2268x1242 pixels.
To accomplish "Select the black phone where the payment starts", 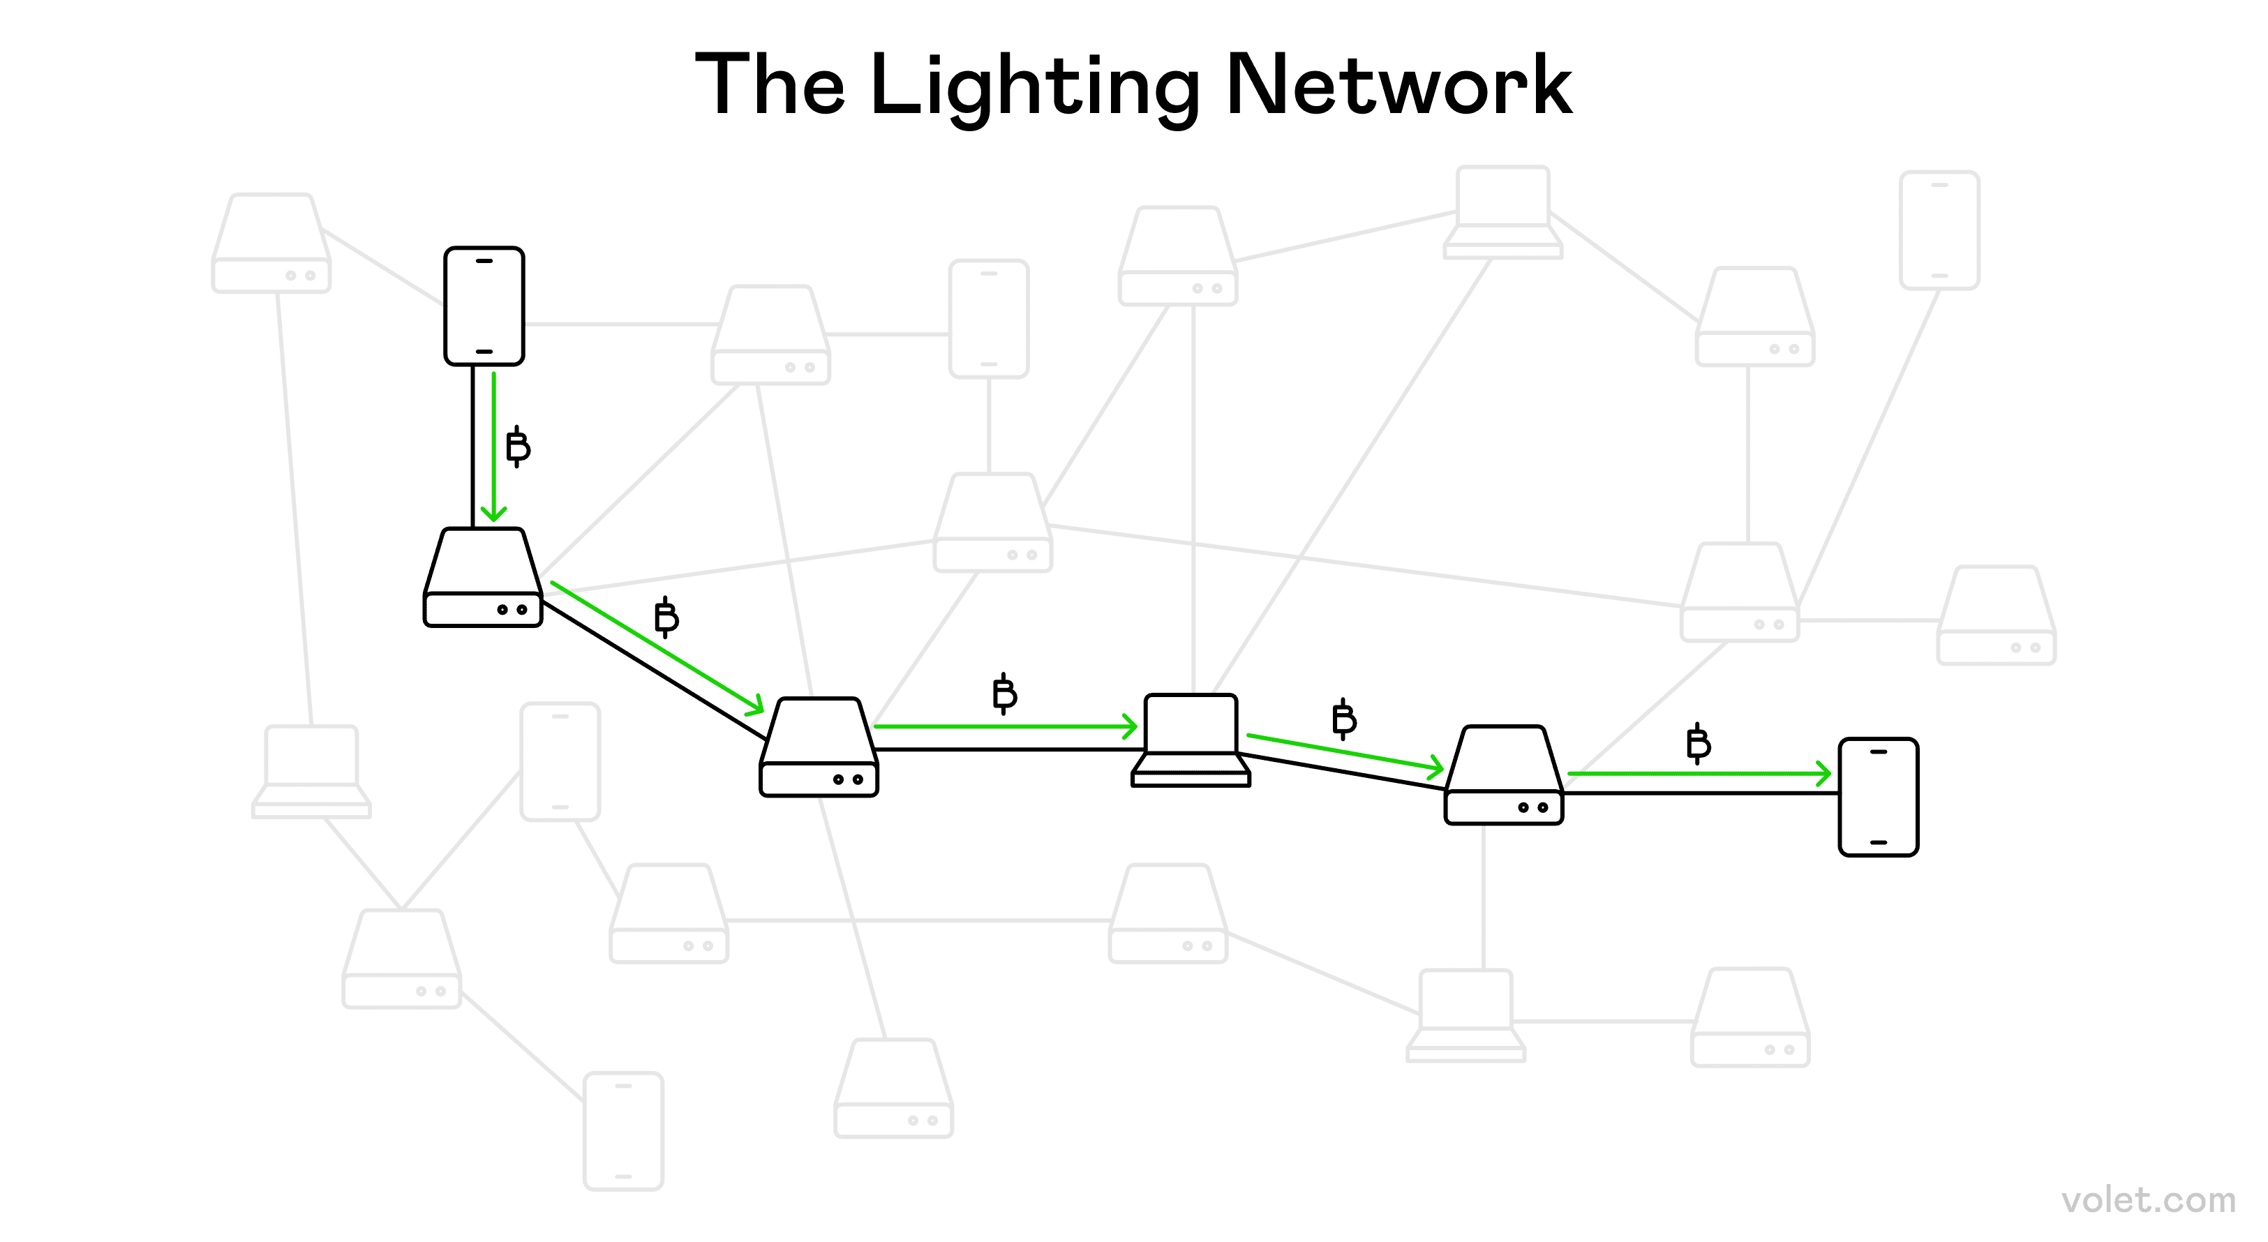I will point(484,306).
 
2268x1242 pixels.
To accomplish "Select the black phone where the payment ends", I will point(1878,797).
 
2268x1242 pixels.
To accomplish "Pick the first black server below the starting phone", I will point(482,578).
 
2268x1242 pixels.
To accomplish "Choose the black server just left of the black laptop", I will point(819,748).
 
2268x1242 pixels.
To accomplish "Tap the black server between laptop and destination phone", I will point(1504,775).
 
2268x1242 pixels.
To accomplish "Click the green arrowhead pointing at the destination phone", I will point(1823,774).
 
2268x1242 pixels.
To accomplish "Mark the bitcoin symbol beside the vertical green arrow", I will point(518,447).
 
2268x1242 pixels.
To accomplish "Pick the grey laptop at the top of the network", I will point(1503,213).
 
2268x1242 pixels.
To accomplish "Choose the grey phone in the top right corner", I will point(1939,231).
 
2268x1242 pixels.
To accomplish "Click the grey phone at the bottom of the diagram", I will point(623,1131).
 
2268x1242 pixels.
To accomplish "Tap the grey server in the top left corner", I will point(271,244).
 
